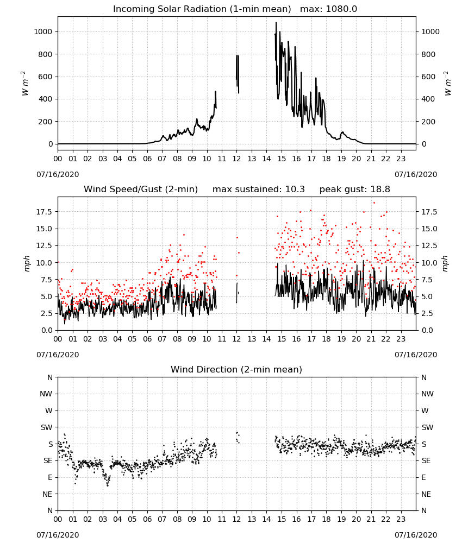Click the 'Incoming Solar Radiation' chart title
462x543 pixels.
[x=202, y=9]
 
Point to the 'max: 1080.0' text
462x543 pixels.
[x=329, y=9]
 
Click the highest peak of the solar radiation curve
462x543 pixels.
[x=276, y=23]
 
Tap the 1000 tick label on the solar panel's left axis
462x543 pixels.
[x=43, y=31]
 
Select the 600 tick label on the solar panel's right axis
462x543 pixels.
[x=428, y=77]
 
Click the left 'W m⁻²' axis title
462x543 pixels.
[x=25, y=84]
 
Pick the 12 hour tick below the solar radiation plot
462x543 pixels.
[x=237, y=159]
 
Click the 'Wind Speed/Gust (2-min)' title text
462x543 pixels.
[x=141, y=190]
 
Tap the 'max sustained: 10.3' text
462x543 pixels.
[x=259, y=190]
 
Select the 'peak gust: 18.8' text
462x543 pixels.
[x=354, y=190]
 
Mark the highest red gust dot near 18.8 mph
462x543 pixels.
[x=374, y=203]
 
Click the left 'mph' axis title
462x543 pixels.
[x=27, y=263]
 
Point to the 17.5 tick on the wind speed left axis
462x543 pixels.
[x=45, y=212]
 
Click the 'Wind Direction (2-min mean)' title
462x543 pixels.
[x=236, y=369]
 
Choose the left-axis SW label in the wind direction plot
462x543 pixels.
[x=47, y=427]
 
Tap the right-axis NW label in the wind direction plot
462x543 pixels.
[x=427, y=394]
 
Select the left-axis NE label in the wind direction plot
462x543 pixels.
[x=47, y=494]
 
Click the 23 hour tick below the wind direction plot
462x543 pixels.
[x=401, y=520]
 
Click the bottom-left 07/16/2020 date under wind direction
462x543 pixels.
[x=58, y=535]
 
